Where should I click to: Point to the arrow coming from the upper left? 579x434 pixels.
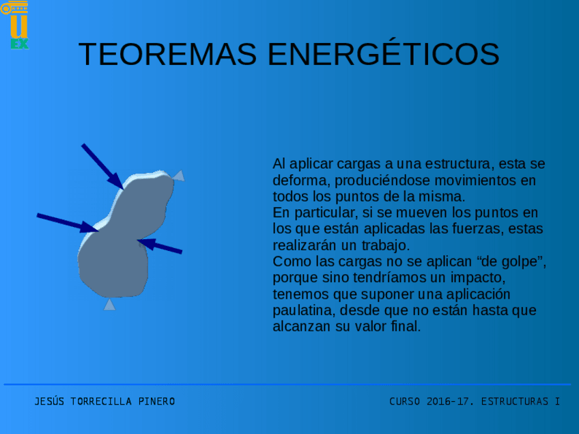click(102, 165)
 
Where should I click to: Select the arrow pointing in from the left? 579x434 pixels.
click(66, 223)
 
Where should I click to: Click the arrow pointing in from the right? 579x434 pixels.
click(160, 246)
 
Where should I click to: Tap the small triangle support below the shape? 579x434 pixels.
click(109, 305)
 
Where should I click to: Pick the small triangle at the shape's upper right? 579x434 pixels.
click(178, 176)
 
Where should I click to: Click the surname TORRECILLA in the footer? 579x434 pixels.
click(101, 401)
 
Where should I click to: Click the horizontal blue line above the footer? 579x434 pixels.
click(287, 384)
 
